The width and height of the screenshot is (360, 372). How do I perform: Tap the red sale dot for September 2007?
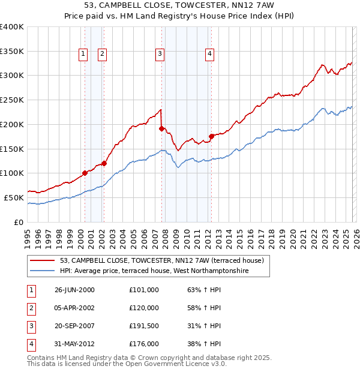[161, 128]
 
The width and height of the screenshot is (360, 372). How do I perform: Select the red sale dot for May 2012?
[211, 136]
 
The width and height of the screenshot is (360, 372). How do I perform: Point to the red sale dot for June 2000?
[85, 173]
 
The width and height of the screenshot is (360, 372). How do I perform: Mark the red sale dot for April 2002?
[104, 163]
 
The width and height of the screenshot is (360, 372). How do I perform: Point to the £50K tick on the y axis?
[14, 197]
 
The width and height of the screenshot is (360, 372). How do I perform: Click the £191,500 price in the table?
[143, 325]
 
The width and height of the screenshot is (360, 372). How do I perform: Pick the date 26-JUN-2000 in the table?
[74, 289]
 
